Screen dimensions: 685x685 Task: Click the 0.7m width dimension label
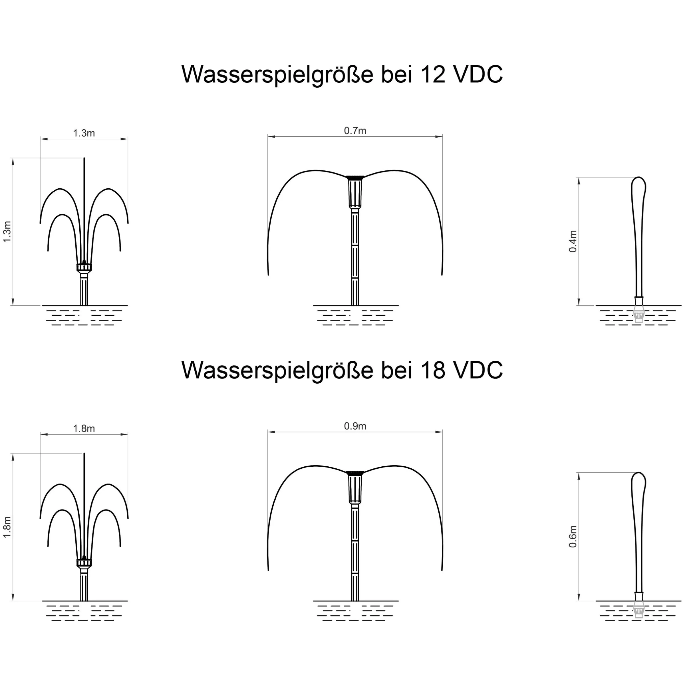(x=355, y=131)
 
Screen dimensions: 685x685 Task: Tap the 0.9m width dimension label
(x=355, y=426)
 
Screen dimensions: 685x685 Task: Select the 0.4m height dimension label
(x=573, y=241)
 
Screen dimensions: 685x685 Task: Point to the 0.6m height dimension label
(x=573, y=537)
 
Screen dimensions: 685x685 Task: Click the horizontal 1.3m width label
(x=84, y=133)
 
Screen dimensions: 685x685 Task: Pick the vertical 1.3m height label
(x=7, y=232)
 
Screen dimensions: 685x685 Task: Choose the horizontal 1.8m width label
(x=84, y=429)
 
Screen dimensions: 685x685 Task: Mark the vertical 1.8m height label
(x=7, y=527)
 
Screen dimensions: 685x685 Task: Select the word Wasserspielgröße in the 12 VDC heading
(x=277, y=75)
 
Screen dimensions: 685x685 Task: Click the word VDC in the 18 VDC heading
(x=478, y=370)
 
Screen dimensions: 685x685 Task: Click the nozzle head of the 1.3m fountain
(x=84, y=267)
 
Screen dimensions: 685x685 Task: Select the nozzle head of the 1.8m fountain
(x=84, y=562)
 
